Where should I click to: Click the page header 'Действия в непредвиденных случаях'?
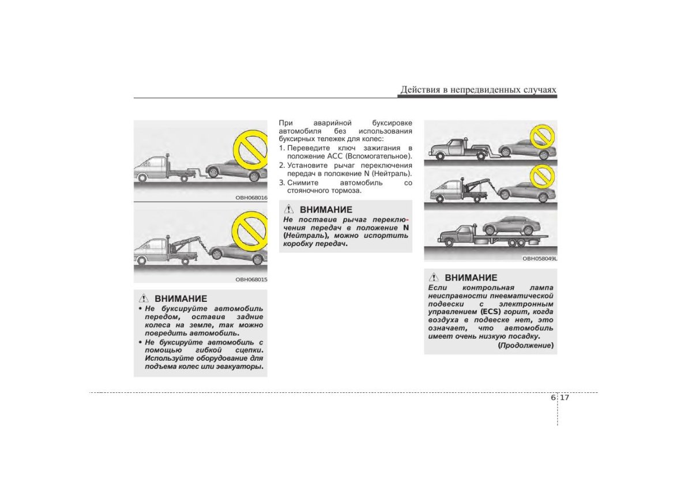[478, 90]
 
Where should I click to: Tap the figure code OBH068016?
[251, 197]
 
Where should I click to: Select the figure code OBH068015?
[251, 279]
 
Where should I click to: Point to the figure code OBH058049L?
[540, 259]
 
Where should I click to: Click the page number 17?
[565, 398]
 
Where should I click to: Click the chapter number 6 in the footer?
[554, 398]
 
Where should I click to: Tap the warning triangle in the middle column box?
[291, 210]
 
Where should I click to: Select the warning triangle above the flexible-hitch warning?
[145, 298]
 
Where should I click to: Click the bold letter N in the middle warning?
[405, 227]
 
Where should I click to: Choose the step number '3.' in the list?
[282, 183]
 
